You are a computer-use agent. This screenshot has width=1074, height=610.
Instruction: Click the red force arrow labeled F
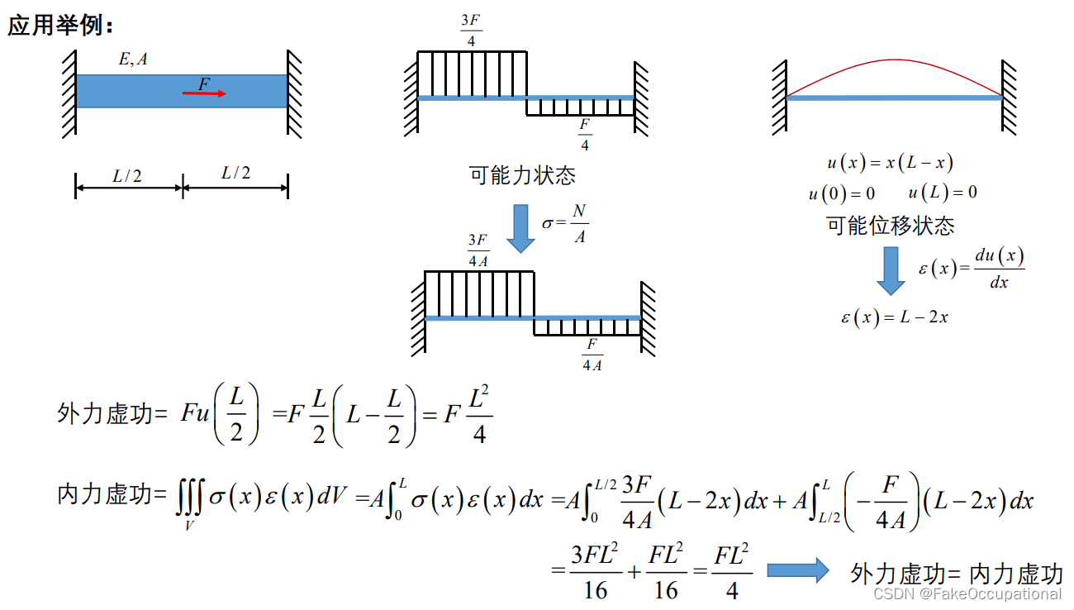tap(204, 93)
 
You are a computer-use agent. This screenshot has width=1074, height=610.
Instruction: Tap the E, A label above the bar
tap(133, 59)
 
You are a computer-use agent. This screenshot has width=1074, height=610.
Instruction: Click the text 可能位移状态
tap(891, 225)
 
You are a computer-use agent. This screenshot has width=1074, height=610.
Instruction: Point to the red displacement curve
tap(895, 61)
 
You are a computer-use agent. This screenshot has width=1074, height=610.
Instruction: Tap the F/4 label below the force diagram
tap(585, 135)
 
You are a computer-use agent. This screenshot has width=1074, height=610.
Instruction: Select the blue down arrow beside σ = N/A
tap(521, 227)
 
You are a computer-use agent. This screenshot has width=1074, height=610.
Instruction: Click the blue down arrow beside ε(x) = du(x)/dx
tap(891, 269)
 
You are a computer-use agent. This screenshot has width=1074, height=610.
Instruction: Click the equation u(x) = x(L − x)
tap(890, 164)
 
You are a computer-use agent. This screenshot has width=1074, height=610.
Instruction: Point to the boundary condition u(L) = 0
tap(942, 193)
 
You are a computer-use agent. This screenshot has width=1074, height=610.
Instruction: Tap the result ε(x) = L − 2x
tap(895, 317)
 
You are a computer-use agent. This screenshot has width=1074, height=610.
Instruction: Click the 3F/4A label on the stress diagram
tap(478, 250)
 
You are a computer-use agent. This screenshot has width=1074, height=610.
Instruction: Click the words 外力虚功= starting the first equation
tap(112, 413)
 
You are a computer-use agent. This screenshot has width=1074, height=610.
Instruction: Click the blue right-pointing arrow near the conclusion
tap(797, 570)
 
